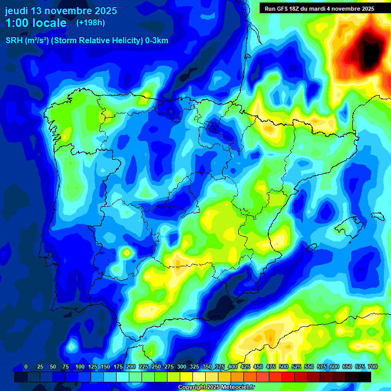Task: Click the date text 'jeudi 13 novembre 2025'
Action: click(x=61, y=11)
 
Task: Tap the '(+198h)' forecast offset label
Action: click(x=90, y=22)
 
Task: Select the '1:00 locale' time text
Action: click(x=36, y=23)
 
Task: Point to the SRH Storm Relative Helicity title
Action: click(x=87, y=41)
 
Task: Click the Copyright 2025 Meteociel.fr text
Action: click(x=216, y=387)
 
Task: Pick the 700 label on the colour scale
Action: click(x=372, y=367)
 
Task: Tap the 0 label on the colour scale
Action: click(x=26, y=367)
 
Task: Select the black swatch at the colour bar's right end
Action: click(x=364, y=377)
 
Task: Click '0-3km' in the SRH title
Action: click(x=156, y=41)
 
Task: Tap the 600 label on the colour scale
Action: click(x=334, y=367)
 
